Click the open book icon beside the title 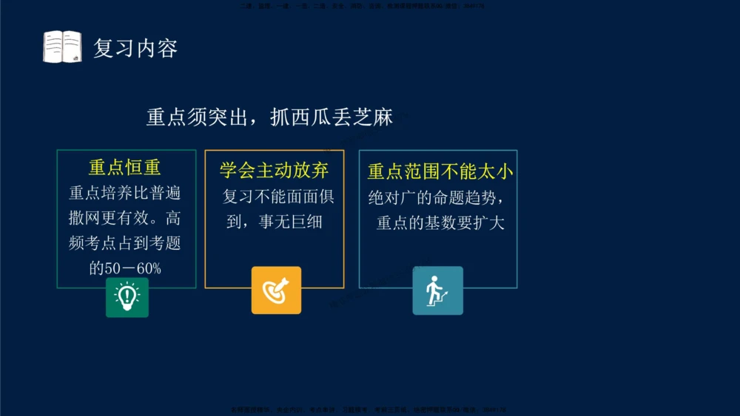(x=62, y=47)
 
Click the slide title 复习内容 (x=135, y=49)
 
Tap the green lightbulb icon (x=127, y=297)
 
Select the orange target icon (x=276, y=290)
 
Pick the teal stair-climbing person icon (x=437, y=290)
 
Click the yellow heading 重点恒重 (x=125, y=168)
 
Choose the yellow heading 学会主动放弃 (x=274, y=171)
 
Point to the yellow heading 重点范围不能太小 (x=440, y=172)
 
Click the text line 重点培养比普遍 (x=125, y=194)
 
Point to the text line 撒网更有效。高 (x=125, y=219)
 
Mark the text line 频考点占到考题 (x=125, y=243)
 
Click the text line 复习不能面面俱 (x=278, y=197)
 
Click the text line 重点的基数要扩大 (x=440, y=222)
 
